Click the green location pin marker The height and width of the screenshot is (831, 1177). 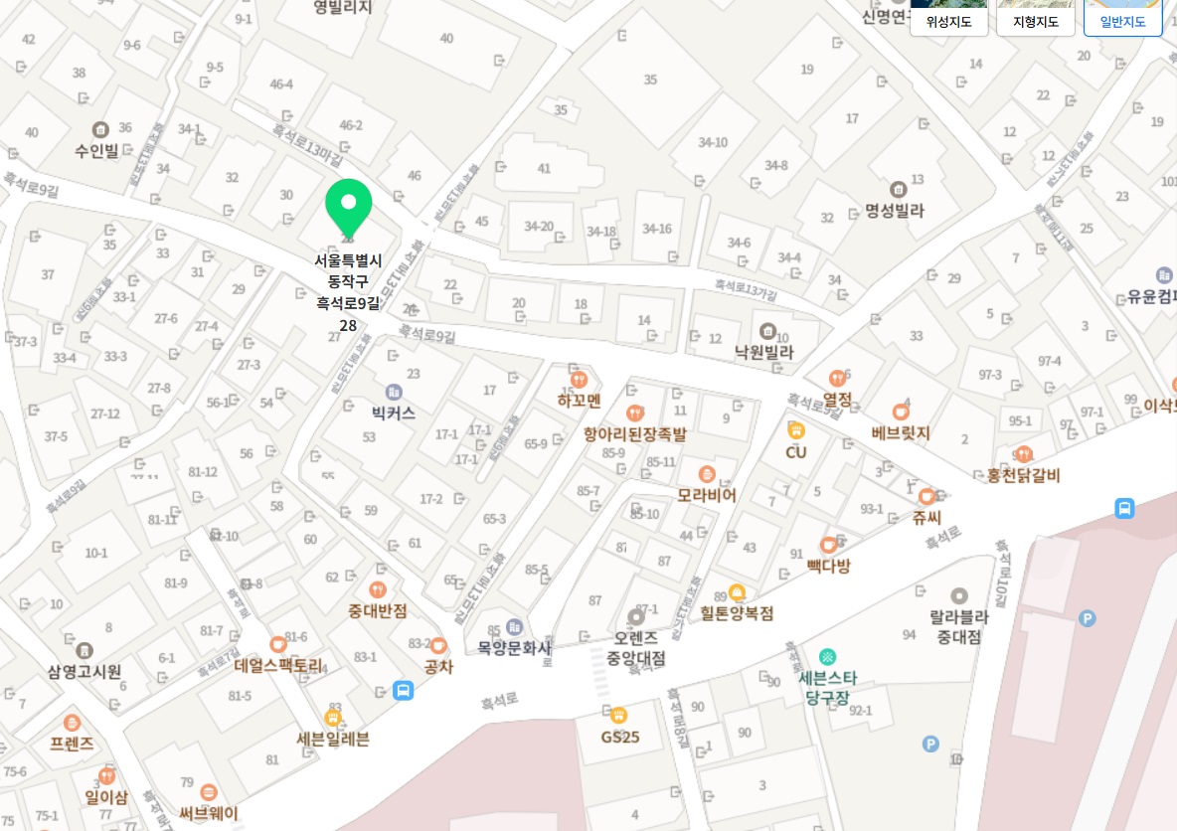pos(348,206)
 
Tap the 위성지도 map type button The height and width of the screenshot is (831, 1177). pos(948,21)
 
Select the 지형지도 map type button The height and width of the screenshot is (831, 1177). pos(1035,21)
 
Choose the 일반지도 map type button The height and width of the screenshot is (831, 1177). pos(1122,21)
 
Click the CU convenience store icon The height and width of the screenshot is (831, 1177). pos(796,430)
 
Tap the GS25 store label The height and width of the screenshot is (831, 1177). pos(618,738)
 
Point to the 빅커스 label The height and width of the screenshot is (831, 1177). pos(394,412)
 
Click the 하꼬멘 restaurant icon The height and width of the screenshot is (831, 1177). pos(580,379)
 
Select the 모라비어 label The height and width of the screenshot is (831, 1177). pos(707,494)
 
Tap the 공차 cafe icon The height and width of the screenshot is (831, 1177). pos(438,645)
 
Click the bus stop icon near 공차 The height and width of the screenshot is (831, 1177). pos(403,690)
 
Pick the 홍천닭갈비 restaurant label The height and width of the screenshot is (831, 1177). pos(1023,476)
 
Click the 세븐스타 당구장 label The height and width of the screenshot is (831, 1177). pos(827,688)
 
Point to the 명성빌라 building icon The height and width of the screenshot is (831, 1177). pos(898,189)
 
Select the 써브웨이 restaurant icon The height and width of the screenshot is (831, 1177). pos(209,792)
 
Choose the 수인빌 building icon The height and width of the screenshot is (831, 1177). pos(99,129)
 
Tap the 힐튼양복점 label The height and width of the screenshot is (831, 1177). pos(736,613)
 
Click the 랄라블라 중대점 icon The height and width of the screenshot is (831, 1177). pos(958,596)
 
